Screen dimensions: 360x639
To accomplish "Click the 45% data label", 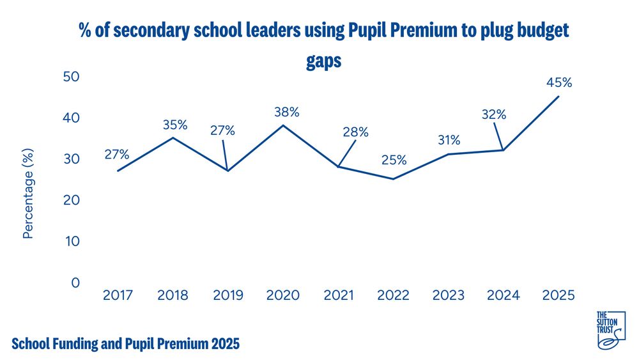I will (x=558, y=82).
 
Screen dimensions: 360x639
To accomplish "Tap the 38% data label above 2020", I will (x=286, y=112).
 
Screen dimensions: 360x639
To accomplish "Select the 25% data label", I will (x=394, y=160).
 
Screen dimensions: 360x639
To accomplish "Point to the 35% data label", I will (x=174, y=125).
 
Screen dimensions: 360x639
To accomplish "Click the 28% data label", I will (x=355, y=132).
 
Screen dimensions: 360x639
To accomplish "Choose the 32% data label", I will (x=493, y=115).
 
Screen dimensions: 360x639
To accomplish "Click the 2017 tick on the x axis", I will (x=118, y=295).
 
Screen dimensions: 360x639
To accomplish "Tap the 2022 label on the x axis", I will (x=394, y=295).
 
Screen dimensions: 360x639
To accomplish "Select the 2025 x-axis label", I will (x=558, y=295).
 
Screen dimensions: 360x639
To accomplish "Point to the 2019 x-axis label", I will (x=227, y=295).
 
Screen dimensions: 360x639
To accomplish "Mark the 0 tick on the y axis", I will (x=75, y=283).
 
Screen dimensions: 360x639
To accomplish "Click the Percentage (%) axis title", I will (x=27, y=192).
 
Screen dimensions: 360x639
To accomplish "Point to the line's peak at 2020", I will (x=283, y=125).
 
